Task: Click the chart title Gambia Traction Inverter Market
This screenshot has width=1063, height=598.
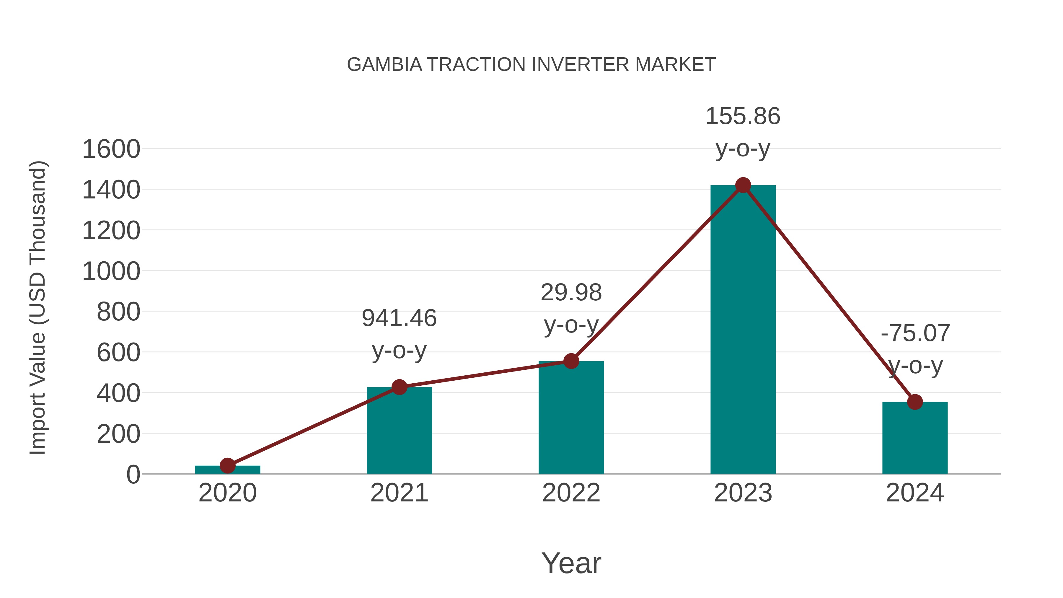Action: click(x=531, y=65)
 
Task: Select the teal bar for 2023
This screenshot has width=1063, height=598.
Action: click(x=743, y=330)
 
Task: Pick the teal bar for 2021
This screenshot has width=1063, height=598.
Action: click(x=399, y=431)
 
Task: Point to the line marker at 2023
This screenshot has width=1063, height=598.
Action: click(x=743, y=185)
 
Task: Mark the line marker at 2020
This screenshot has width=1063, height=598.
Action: click(x=227, y=465)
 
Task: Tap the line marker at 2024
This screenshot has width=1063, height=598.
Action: click(x=915, y=402)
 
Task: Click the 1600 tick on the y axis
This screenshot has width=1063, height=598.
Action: click(x=111, y=149)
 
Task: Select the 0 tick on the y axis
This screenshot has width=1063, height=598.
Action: click(x=133, y=475)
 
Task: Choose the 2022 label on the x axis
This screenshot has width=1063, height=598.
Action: click(x=571, y=493)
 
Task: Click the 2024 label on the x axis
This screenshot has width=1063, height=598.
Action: click(x=915, y=493)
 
